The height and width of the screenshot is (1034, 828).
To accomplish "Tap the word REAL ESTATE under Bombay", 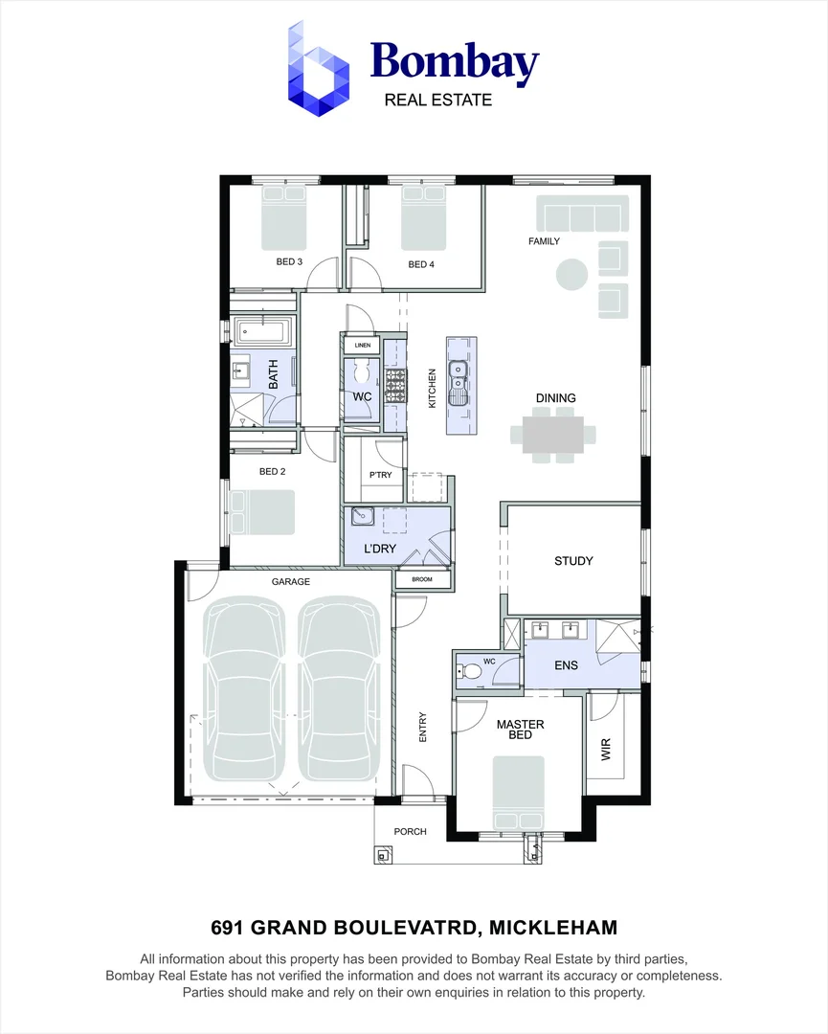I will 437,100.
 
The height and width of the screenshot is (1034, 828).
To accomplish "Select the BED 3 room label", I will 289,261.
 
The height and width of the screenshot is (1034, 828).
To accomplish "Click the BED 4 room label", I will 421,264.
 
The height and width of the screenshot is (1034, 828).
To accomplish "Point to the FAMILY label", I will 544,241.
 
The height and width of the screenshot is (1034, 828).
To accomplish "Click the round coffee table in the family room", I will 571,274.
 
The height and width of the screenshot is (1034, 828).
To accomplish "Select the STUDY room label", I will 573,561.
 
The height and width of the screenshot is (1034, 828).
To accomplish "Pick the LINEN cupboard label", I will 362,345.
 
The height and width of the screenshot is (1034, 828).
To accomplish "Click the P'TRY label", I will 381,475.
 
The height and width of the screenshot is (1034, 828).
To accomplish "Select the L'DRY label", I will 380,550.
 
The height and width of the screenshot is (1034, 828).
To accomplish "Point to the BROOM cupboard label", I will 422,579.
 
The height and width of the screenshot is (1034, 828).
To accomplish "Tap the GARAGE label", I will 290,581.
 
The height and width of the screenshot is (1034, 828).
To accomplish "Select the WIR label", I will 605,749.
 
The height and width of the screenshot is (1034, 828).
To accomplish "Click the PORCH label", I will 410,831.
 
